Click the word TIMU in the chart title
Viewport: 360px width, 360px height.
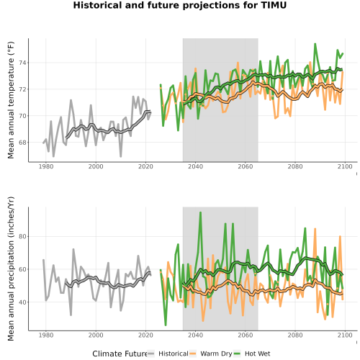(274, 5)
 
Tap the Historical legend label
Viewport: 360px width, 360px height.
(174, 354)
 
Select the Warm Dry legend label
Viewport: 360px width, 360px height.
(216, 354)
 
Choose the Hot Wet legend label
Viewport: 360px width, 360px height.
(257, 354)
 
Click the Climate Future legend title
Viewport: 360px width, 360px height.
(120, 354)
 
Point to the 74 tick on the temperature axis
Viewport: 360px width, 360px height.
(22, 63)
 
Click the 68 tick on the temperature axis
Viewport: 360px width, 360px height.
(22, 143)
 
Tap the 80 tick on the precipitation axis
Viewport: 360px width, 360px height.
(22, 236)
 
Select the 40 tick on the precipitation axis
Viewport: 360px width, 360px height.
(22, 302)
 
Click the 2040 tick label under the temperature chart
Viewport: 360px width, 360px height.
(195, 166)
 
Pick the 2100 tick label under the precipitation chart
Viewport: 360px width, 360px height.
(345, 335)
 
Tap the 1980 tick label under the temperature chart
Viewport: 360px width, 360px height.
(46, 166)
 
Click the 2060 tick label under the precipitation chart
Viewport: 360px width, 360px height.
(246, 335)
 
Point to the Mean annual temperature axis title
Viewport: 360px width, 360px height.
(11, 100)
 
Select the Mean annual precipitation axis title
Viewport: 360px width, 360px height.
(11, 269)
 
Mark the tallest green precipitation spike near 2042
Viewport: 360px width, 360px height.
(200, 212)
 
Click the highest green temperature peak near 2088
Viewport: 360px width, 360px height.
(315, 44)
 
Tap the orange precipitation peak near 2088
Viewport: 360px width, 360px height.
(315, 229)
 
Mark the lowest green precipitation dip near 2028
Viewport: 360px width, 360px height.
(166, 325)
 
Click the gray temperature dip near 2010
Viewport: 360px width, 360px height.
(121, 156)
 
